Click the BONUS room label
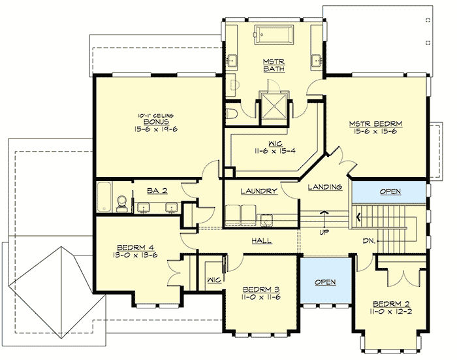[157, 122]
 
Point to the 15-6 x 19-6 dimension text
[157, 129]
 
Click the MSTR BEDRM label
[374, 123]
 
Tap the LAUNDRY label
[259, 191]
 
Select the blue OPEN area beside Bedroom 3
[324, 282]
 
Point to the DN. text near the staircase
[370, 240]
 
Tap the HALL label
[261, 241]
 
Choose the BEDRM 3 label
[260, 289]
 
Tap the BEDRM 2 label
[390, 304]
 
